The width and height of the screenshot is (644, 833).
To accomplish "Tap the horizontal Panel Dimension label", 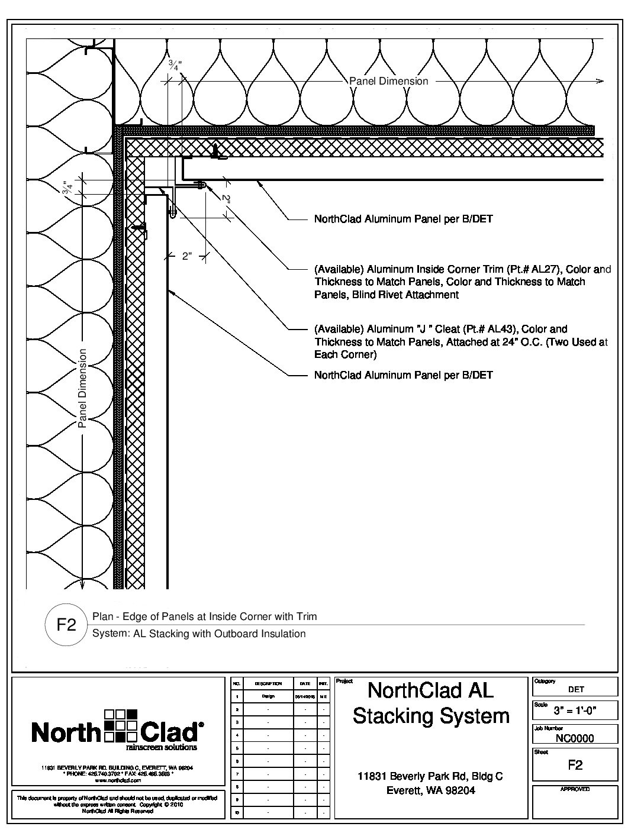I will [388, 81].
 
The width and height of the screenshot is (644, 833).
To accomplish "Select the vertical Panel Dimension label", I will [82, 388].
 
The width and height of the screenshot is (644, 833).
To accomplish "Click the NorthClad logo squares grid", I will [121, 725].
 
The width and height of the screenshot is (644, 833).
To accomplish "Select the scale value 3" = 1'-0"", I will [575, 711].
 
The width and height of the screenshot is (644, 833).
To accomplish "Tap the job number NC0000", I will [575, 738].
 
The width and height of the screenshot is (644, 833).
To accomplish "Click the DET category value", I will [575, 689].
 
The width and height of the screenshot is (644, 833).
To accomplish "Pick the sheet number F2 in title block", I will [575, 765].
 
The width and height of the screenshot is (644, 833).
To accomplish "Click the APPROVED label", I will [575, 789].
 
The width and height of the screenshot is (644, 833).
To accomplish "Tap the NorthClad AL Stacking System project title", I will [430, 703].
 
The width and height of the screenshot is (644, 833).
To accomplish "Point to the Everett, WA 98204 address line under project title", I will [430, 790].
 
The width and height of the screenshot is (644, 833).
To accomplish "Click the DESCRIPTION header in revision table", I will [268, 683].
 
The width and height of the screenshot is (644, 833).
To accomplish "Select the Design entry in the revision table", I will [268, 696].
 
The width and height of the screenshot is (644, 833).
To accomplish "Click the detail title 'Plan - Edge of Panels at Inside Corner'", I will [204, 616].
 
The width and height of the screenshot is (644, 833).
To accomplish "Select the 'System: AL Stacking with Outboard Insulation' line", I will [199, 634].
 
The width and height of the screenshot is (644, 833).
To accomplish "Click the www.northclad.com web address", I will [117, 780].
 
